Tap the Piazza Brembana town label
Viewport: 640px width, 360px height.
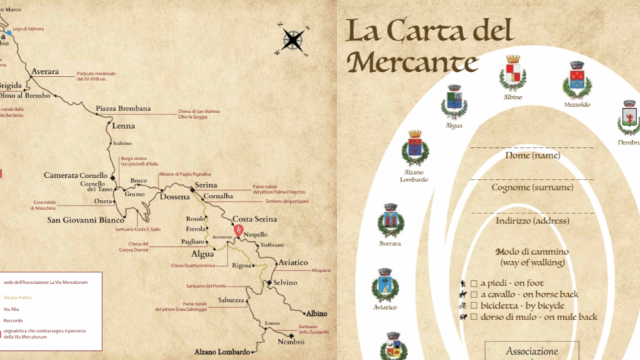[124, 109]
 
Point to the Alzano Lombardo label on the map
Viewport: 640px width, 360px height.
[223, 351]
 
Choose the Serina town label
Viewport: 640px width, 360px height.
[206, 186]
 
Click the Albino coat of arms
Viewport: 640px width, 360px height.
[513, 75]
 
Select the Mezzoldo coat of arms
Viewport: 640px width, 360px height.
[577, 80]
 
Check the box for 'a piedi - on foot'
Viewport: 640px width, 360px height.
[473, 283]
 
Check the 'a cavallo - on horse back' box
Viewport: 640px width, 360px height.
[473, 295]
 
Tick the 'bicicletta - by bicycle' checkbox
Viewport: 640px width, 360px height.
[473, 305]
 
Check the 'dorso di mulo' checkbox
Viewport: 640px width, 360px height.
[473, 317]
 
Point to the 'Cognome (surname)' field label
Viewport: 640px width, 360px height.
[533, 188]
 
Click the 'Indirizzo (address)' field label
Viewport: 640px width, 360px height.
[533, 221]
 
